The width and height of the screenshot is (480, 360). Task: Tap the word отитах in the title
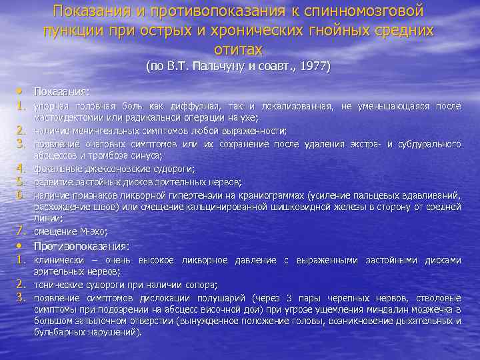[x=239, y=49]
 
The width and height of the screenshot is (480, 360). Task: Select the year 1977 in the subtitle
[x=315, y=67]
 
